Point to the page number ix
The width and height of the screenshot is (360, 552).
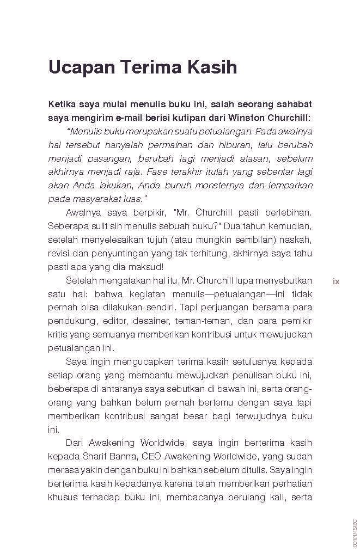click(336, 281)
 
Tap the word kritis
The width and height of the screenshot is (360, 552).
click(59, 334)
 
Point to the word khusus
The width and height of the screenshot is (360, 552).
click(62, 496)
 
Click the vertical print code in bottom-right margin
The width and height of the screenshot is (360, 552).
click(354, 531)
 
